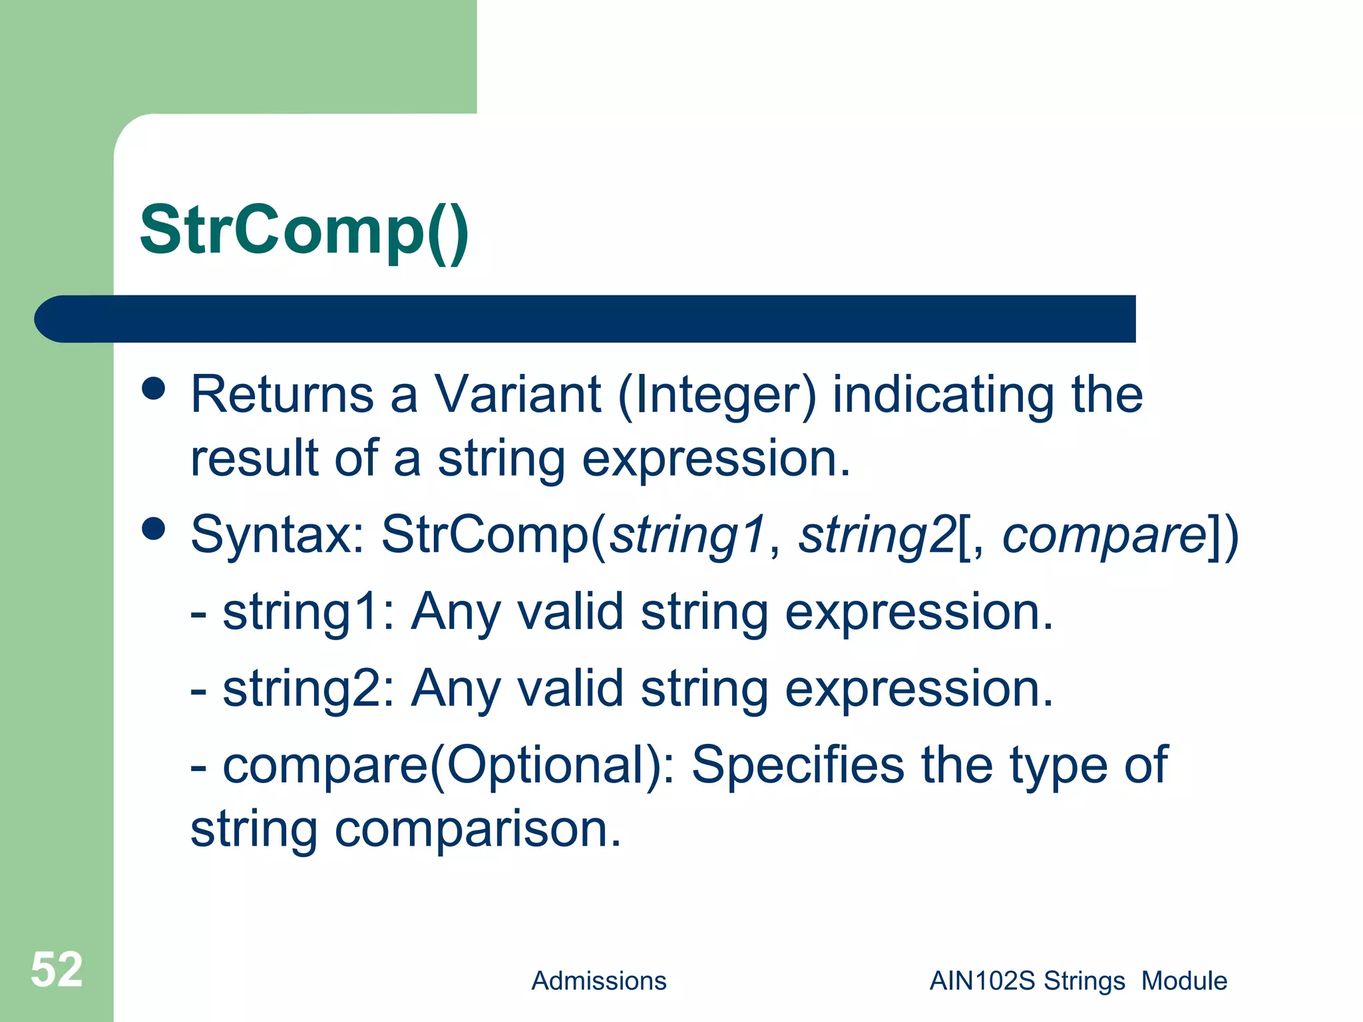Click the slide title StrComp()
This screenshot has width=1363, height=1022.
pyautogui.click(x=304, y=231)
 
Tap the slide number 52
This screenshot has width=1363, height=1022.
pyautogui.click(x=57, y=969)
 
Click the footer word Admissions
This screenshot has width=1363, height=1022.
pyautogui.click(x=598, y=981)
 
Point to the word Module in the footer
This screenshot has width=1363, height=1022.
pyautogui.click(x=1184, y=981)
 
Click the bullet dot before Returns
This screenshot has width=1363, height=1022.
pyautogui.click(x=154, y=389)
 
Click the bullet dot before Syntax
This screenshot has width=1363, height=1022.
pyautogui.click(x=154, y=529)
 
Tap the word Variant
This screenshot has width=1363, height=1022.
pyautogui.click(x=518, y=395)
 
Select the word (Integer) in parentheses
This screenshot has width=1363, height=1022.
pyautogui.click(x=717, y=396)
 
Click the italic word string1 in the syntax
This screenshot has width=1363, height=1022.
pyautogui.click(x=689, y=536)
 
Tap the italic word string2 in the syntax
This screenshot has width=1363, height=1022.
pyautogui.click(x=877, y=536)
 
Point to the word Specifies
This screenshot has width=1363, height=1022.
pyautogui.click(x=797, y=766)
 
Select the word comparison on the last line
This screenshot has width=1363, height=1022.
pyautogui.click(x=477, y=831)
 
